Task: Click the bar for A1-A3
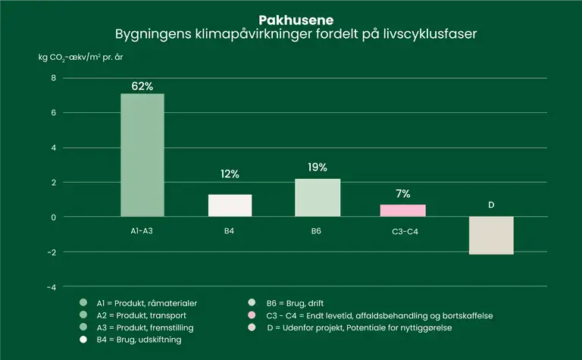click(142, 155)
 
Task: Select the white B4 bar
click(230, 205)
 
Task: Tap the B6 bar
click(318, 198)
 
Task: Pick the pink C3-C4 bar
click(402, 211)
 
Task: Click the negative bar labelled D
click(491, 236)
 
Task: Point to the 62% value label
click(142, 86)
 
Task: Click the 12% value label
click(230, 174)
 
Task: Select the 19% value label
click(318, 167)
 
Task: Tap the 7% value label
click(403, 194)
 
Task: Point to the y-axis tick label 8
click(54, 78)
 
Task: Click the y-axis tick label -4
click(52, 287)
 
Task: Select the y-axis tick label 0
click(54, 218)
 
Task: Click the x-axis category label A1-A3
click(142, 230)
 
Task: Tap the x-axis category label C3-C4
click(402, 230)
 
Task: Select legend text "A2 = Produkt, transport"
click(142, 315)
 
